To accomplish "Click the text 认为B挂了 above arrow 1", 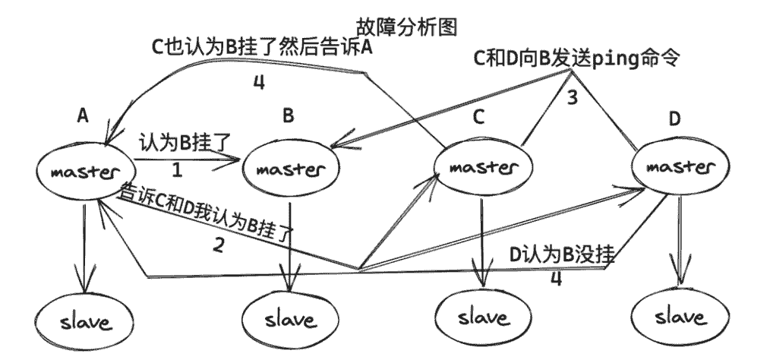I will pos(181,144).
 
